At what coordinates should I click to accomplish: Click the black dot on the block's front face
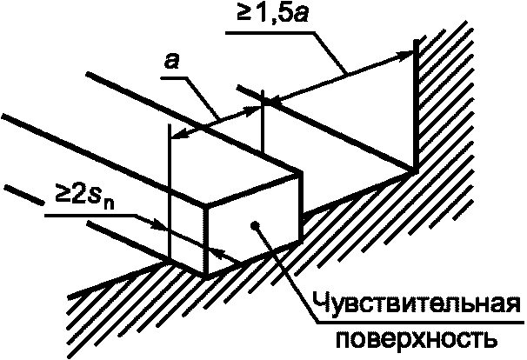pyautogui.click(x=254, y=225)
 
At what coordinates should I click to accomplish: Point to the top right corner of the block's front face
pyautogui.click(x=302, y=174)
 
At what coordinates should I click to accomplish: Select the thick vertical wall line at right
pyautogui.click(x=416, y=104)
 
